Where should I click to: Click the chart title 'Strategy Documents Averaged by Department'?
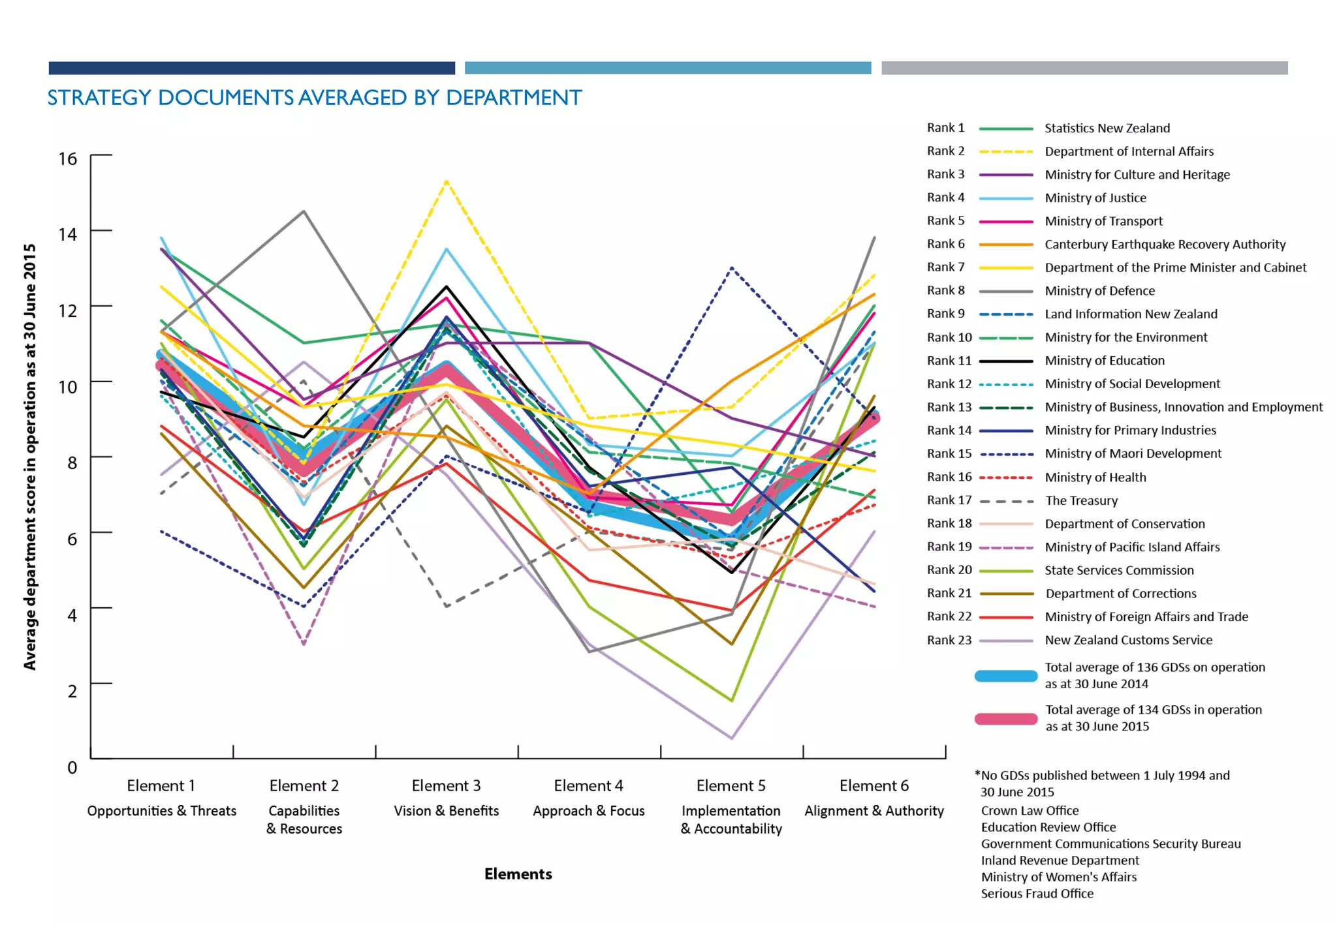(314, 98)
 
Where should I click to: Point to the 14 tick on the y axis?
(67, 234)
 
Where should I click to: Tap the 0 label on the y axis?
(72, 767)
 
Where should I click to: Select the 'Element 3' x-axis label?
(446, 785)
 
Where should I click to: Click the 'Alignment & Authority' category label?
(873, 811)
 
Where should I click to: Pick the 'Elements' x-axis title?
(518, 874)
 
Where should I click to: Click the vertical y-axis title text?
(30, 457)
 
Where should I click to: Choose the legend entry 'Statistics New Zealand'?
(1107, 129)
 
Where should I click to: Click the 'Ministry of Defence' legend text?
(1099, 291)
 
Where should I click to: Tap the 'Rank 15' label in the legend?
(949, 453)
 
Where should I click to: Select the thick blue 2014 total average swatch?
(1005, 676)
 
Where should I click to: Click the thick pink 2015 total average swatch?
(1005, 718)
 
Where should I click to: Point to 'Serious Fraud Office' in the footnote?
(1037, 894)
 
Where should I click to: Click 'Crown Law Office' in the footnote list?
(1030, 811)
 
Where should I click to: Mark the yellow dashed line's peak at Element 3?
(446, 181)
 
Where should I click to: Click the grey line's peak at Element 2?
(304, 211)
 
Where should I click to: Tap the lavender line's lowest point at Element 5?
(731, 738)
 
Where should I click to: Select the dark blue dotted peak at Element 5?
(731, 268)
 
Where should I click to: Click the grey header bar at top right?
(1084, 68)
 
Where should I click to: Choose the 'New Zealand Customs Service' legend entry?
(1128, 640)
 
